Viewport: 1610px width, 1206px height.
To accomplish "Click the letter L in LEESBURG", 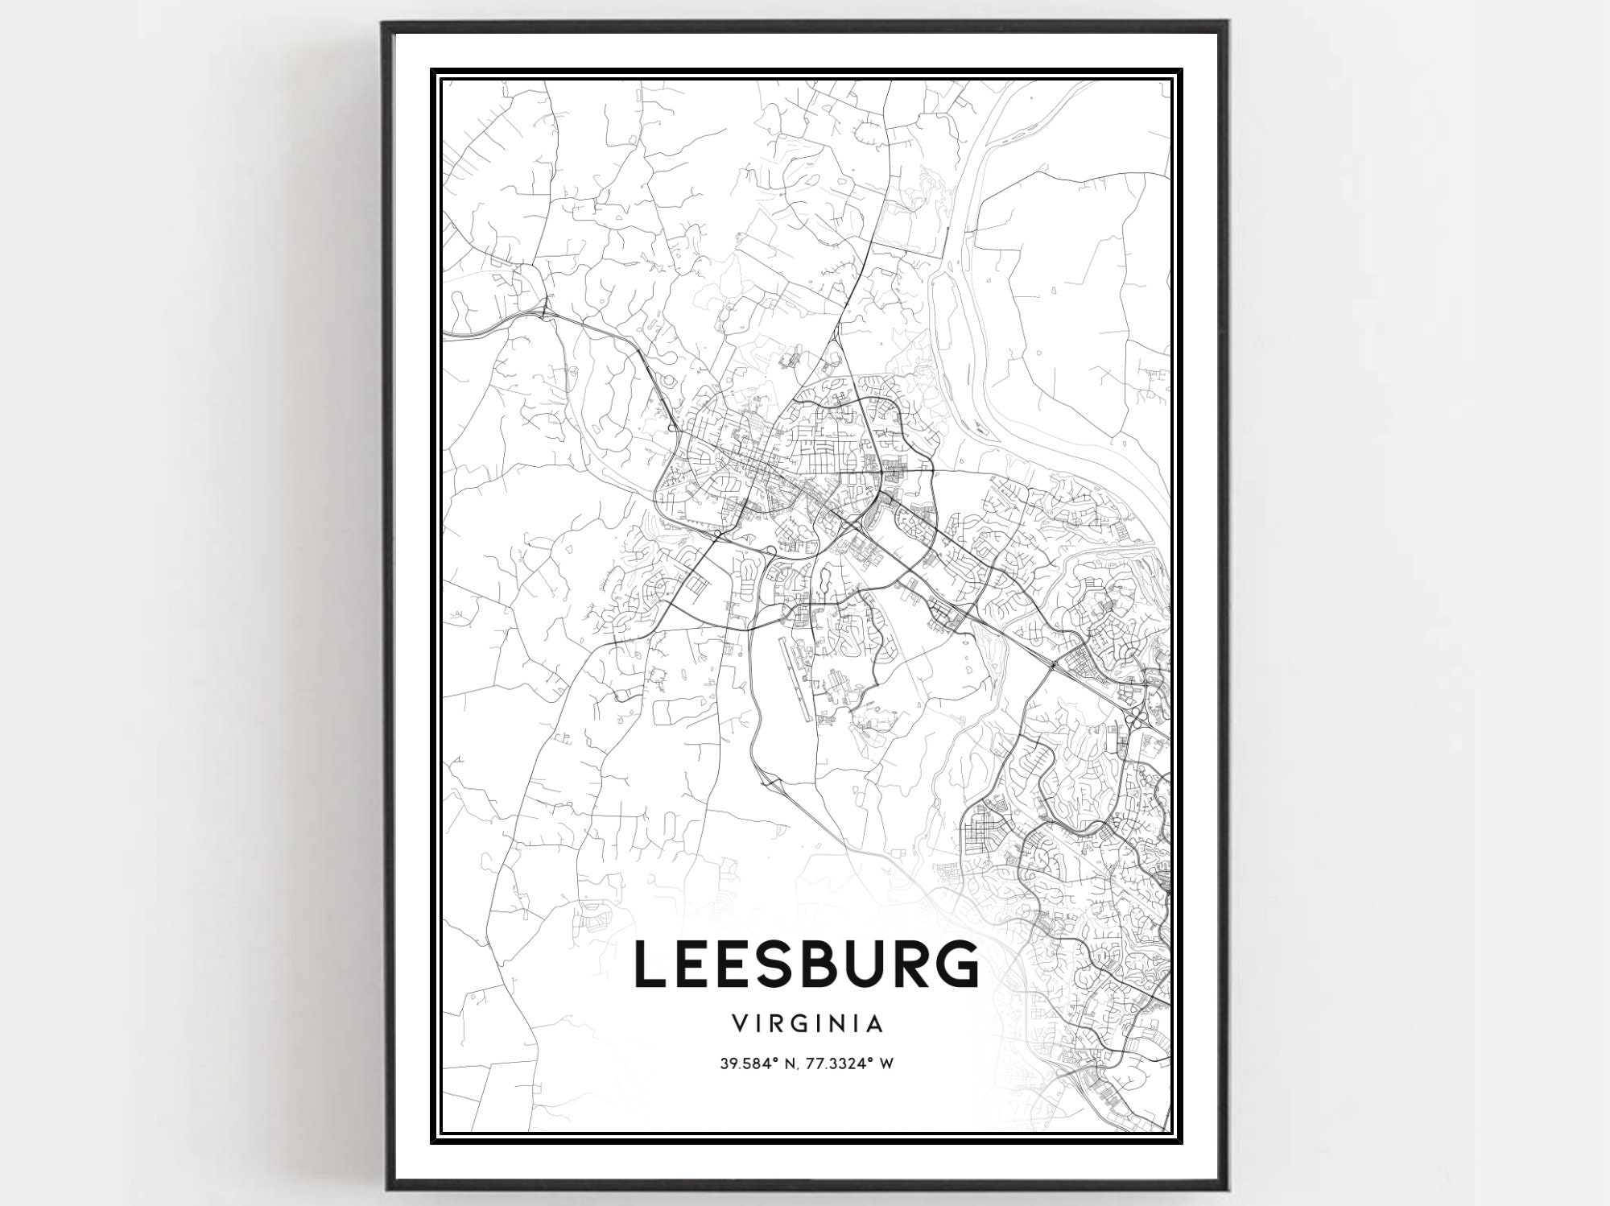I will point(655,963).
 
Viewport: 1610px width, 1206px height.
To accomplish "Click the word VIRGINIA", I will point(807,1024).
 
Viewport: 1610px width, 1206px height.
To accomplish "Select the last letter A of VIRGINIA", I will point(877,1024).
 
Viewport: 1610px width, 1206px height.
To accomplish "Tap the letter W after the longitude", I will point(887,1064).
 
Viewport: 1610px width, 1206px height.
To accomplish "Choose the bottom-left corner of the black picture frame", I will point(384,1188).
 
